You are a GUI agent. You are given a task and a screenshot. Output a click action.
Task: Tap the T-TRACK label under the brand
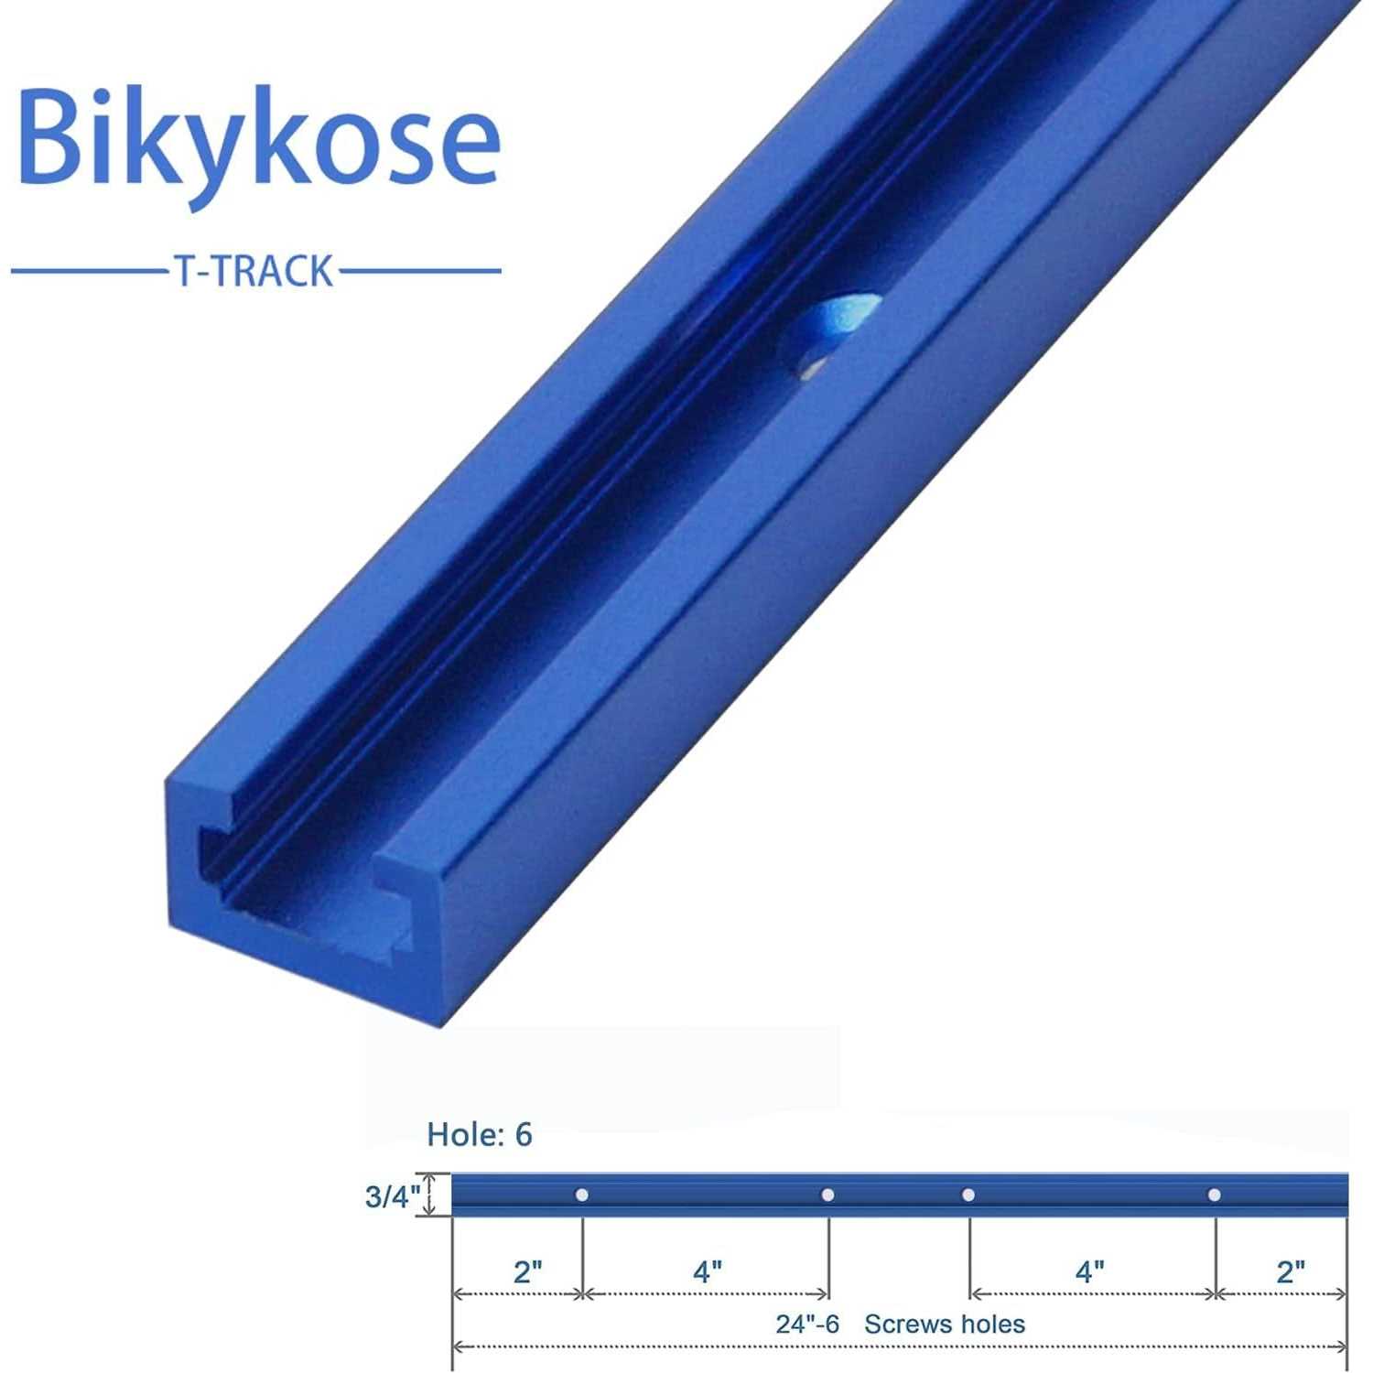click(x=254, y=272)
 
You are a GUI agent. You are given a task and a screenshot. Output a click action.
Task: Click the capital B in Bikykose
click(x=53, y=137)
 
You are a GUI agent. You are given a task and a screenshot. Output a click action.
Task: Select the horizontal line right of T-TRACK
click(x=419, y=271)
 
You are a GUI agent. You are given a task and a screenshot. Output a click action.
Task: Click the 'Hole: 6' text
click(x=479, y=1135)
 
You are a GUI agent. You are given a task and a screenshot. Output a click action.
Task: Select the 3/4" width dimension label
click(x=392, y=1196)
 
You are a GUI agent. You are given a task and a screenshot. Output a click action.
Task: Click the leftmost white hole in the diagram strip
click(x=581, y=1195)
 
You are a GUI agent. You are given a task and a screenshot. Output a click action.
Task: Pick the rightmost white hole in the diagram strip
click(x=1214, y=1195)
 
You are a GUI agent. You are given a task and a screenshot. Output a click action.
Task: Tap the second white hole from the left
click(x=827, y=1195)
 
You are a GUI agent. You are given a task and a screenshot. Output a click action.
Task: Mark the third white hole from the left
click(x=968, y=1195)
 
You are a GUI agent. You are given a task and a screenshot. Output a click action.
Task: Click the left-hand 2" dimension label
click(x=528, y=1271)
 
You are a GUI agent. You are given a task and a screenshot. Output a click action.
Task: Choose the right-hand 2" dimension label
click(x=1291, y=1271)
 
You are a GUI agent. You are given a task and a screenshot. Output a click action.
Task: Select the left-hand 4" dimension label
click(x=708, y=1271)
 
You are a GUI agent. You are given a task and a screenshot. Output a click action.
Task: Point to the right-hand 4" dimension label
click(x=1089, y=1271)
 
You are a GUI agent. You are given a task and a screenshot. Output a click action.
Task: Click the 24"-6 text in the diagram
click(x=807, y=1324)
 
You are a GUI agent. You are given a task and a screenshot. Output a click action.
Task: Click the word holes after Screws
click(x=992, y=1324)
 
